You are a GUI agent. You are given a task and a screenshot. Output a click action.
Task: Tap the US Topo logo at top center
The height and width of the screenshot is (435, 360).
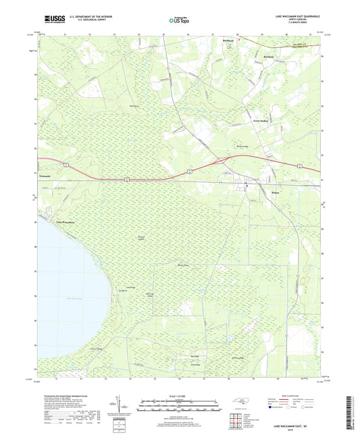point(179,21)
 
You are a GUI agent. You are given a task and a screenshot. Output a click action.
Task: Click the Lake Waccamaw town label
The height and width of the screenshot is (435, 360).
point(56,220)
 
